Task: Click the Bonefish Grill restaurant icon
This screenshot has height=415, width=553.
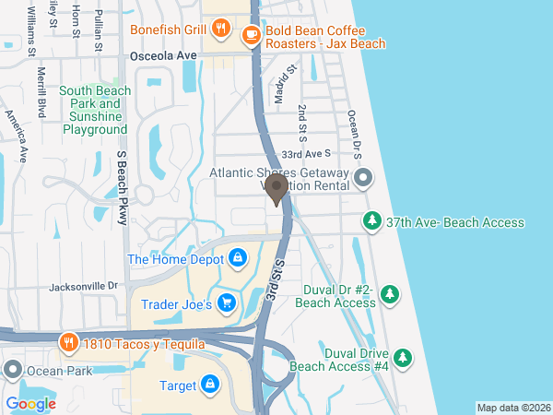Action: pos(219,29)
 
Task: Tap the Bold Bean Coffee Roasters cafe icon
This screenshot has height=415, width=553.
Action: pos(250,35)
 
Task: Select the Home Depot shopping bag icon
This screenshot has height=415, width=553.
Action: pos(238,258)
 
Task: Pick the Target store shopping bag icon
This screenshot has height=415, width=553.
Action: pos(210,383)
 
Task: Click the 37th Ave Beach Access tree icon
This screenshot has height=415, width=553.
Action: pos(371,221)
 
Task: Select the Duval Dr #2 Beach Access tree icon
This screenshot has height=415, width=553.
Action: pos(391,294)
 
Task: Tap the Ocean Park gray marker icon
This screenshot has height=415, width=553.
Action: pos(12,371)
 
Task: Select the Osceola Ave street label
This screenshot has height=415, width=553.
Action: pos(164,56)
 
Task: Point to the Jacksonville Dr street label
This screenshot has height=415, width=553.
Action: pos(81,287)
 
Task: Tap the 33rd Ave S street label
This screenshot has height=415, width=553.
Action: pos(305,154)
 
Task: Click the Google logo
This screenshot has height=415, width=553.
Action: pos(30,403)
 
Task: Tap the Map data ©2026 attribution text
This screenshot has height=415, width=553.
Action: pos(512,408)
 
